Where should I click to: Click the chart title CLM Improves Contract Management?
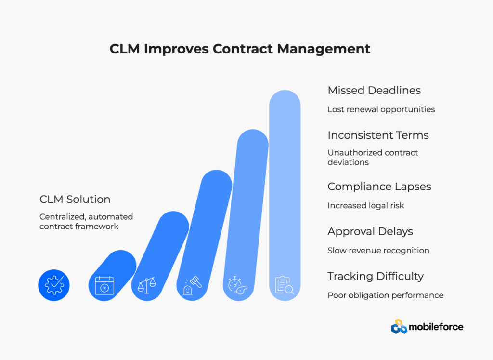click(x=240, y=49)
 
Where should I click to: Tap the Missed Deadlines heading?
click(x=374, y=90)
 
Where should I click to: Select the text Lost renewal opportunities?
click(x=381, y=109)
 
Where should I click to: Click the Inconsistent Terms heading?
click(x=378, y=135)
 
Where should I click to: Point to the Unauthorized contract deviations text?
click(x=373, y=157)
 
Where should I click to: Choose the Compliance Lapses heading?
click(x=379, y=187)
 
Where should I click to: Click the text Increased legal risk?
click(x=365, y=206)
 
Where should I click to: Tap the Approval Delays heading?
click(x=370, y=231)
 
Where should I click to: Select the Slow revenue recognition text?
click(x=378, y=251)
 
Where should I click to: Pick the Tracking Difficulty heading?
click(x=376, y=276)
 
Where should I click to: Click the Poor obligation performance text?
click(x=385, y=295)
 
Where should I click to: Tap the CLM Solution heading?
click(x=75, y=199)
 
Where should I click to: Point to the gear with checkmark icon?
click(x=54, y=285)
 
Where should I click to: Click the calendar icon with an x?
click(x=104, y=285)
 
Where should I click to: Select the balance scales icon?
click(x=147, y=285)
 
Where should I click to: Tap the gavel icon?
click(x=192, y=285)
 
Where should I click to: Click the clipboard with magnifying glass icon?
click(x=284, y=285)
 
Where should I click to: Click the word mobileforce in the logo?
click(x=436, y=327)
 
